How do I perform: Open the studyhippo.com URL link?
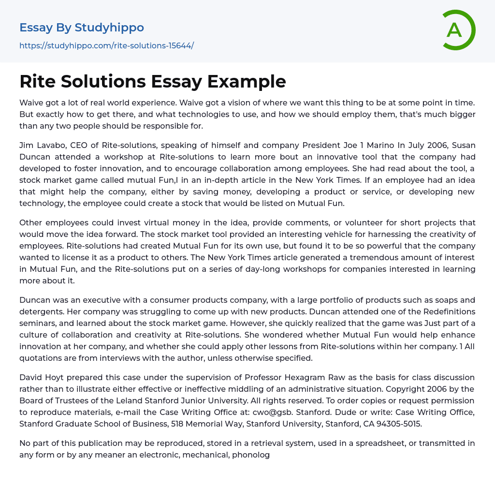pos(106,45)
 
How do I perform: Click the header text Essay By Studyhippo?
pos(82,28)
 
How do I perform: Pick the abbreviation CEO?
pos(87,146)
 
